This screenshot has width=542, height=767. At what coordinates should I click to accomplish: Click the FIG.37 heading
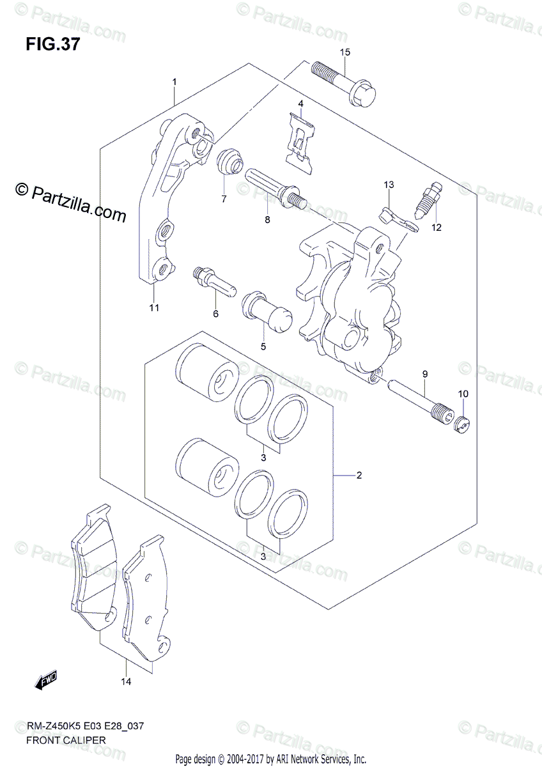(53, 45)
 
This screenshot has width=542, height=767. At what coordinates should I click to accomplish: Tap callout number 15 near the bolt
(345, 52)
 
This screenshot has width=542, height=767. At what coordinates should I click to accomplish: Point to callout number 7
(224, 199)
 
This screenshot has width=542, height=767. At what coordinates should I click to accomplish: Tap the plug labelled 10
(462, 422)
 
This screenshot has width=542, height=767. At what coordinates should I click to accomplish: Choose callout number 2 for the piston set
(376, 476)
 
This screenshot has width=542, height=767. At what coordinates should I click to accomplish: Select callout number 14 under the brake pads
(126, 683)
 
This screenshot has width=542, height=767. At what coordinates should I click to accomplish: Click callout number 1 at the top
(173, 82)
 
